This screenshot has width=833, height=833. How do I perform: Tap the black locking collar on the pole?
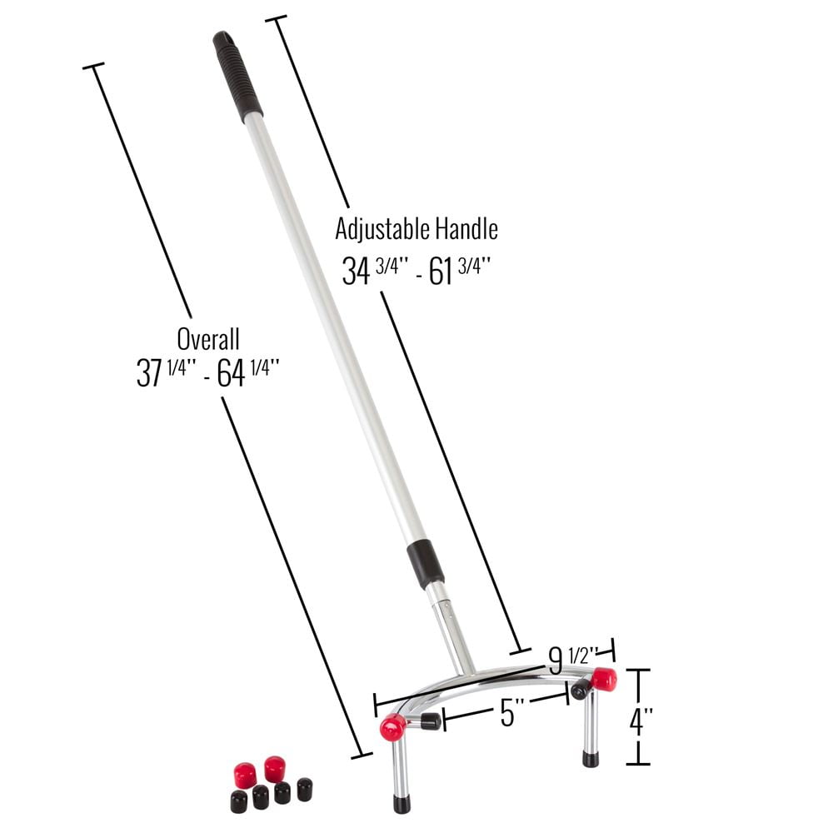pyautogui.click(x=426, y=564)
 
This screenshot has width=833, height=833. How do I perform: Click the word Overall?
pyautogui.click(x=208, y=339)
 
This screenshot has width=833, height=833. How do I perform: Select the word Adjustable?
pyautogui.click(x=382, y=230)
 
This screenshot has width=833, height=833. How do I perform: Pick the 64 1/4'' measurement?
pyautogui.click(x=248, y=372)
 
